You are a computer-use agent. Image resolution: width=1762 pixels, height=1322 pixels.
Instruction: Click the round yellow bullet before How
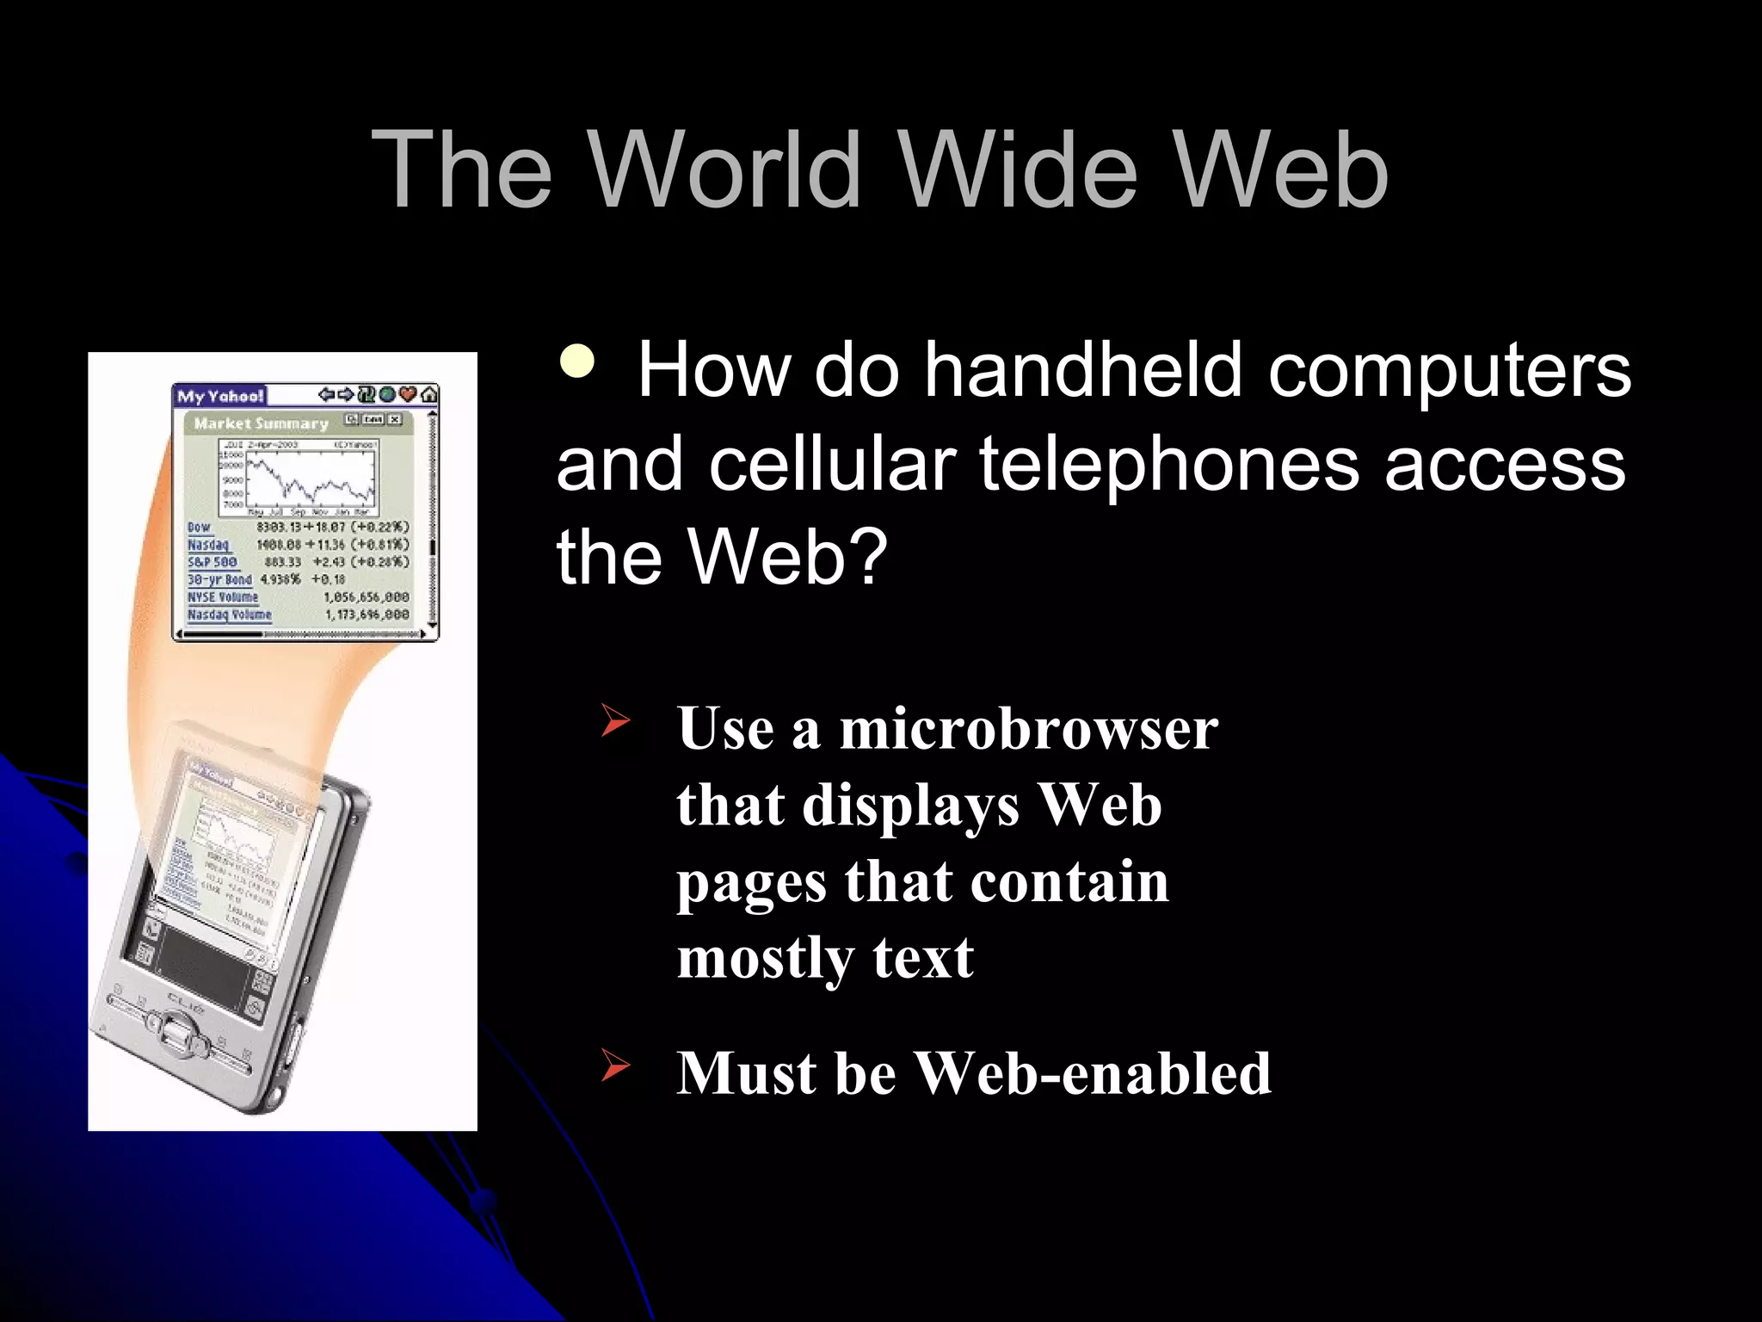577,361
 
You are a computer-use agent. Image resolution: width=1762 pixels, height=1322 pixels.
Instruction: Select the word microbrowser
1028,729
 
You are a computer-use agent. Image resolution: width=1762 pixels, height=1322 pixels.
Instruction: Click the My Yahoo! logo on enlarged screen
219,396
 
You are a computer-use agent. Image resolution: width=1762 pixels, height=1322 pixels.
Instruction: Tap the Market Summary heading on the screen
261,423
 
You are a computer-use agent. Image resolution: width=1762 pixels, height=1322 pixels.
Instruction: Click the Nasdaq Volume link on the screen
229,615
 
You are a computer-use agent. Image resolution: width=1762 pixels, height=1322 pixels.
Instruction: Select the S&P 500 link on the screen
212,562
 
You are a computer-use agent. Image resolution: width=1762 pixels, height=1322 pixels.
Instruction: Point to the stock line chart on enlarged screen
310,478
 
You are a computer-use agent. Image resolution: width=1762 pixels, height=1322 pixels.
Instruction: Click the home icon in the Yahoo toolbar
428,395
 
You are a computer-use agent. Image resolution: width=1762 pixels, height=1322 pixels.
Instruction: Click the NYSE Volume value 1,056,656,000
366,597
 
